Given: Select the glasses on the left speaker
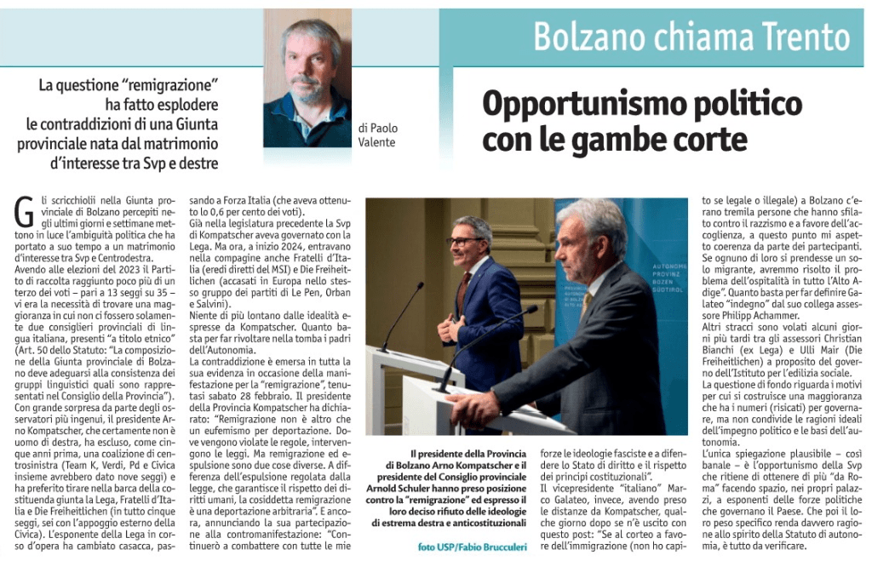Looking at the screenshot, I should (464, 241).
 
